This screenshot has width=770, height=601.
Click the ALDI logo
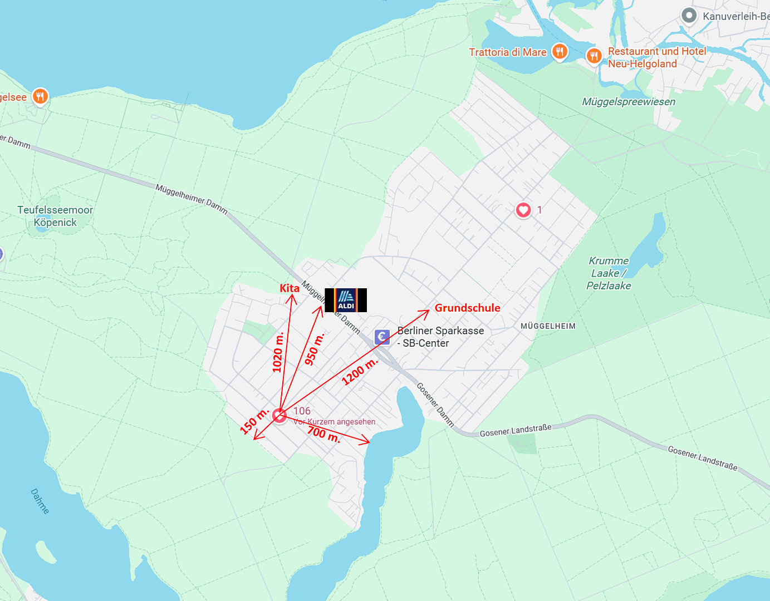click(346, 300)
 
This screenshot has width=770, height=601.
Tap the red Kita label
click(290, 288)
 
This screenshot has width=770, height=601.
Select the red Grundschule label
click(467, 308)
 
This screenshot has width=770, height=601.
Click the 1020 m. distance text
click(278, 352)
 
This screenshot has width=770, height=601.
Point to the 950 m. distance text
click(314, 349)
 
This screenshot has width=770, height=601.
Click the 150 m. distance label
click(254, 421)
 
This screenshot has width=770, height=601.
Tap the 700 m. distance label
click(323, 434)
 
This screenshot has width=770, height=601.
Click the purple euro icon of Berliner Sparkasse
click(382, 336)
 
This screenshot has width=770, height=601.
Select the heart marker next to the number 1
click(523, 210)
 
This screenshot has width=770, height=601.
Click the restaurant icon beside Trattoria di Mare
click(560, 52)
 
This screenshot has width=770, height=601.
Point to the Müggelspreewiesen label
click(629, 102)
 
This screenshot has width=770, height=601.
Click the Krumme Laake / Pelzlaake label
click(609, 273)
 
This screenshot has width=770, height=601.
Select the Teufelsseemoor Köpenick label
click(55, 216)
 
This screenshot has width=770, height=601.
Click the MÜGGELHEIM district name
click(548, 326)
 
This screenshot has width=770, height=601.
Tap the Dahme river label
click(40, 501)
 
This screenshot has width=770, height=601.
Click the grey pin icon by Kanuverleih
click(689, 16)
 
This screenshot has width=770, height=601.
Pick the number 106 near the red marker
click(302, 411)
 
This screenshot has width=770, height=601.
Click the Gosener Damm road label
click(435, 405)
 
